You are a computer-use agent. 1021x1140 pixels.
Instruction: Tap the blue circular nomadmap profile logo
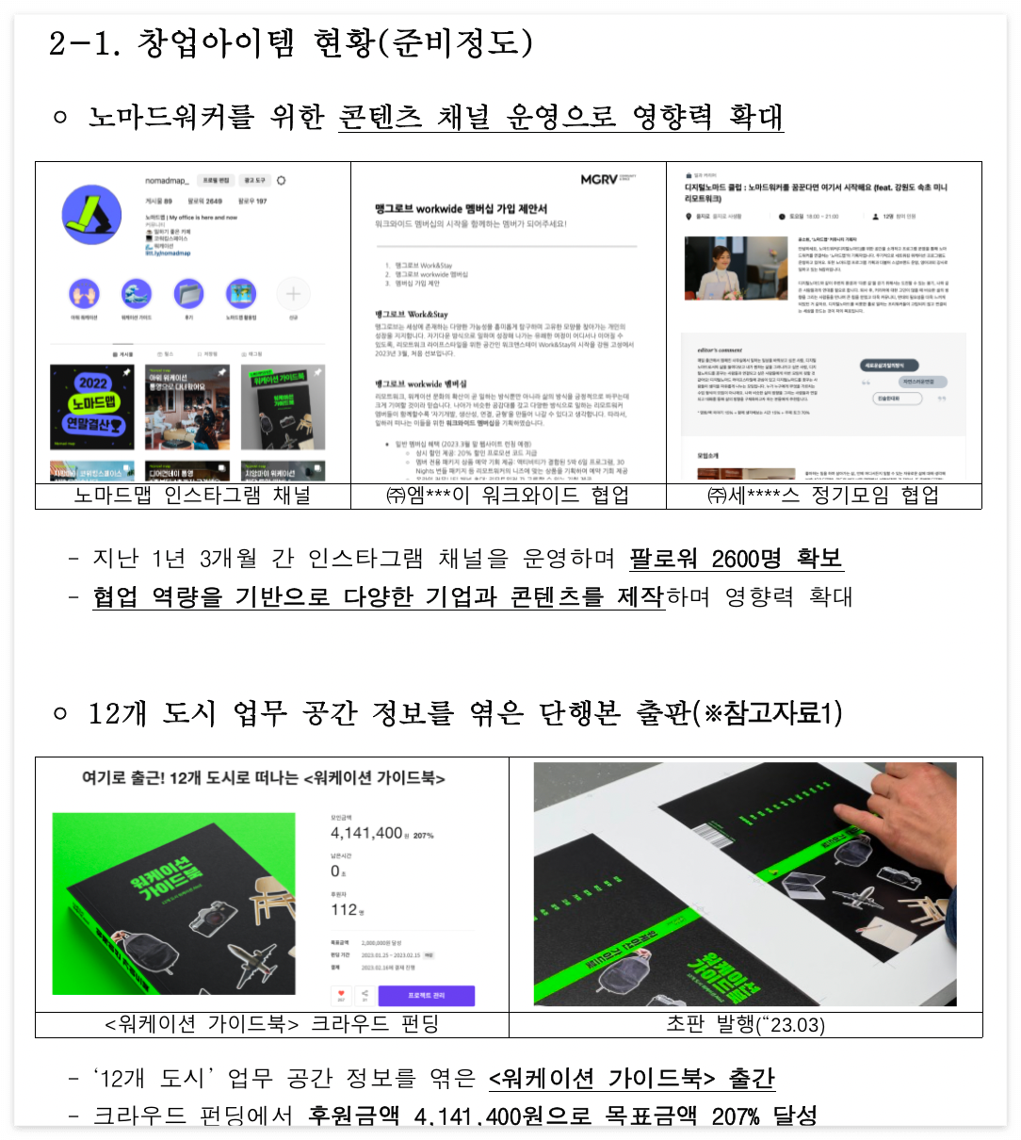pos(91,215)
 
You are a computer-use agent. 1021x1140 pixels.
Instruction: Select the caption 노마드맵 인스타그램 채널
pos(192,496)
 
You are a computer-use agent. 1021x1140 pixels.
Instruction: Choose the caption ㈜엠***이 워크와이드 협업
pos(508,496)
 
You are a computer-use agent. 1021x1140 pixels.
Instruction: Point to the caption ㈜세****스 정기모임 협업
pos(823,496)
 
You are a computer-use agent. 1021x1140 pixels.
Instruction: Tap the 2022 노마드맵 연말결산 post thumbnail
pos(92,407)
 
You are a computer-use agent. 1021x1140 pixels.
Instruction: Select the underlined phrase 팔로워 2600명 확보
pos(736,559)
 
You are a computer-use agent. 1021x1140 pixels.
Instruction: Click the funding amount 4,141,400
pos(366,833)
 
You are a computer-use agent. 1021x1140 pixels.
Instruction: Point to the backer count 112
pos(344,909)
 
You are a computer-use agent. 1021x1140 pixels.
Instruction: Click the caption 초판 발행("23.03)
pos(745,1024)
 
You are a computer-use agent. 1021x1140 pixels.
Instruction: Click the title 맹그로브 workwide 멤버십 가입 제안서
pos(461,208)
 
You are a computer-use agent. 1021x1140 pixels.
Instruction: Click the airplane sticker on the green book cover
pos(251,962)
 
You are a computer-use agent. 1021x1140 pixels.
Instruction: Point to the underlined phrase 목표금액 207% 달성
pos(710,1116)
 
